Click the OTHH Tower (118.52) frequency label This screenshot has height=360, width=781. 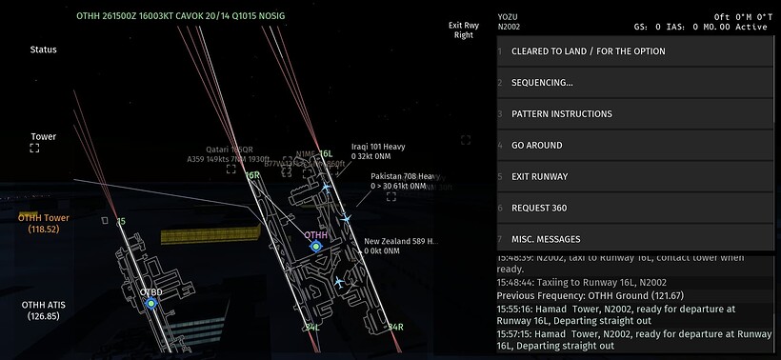[44, 223]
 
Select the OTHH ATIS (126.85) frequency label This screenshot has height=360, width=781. [44, 310]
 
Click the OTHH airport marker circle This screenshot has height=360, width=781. [315, 246]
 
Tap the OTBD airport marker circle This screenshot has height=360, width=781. [150, 304]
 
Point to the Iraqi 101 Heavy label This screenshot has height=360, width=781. [378, 147]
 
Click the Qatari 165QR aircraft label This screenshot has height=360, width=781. [220, 150]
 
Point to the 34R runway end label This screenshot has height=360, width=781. [394, 327]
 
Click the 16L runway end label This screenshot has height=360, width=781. [326, 153]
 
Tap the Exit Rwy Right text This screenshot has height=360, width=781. [463, 30]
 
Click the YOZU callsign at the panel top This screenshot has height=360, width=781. [509, 16]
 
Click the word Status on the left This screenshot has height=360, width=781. [43, 50]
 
